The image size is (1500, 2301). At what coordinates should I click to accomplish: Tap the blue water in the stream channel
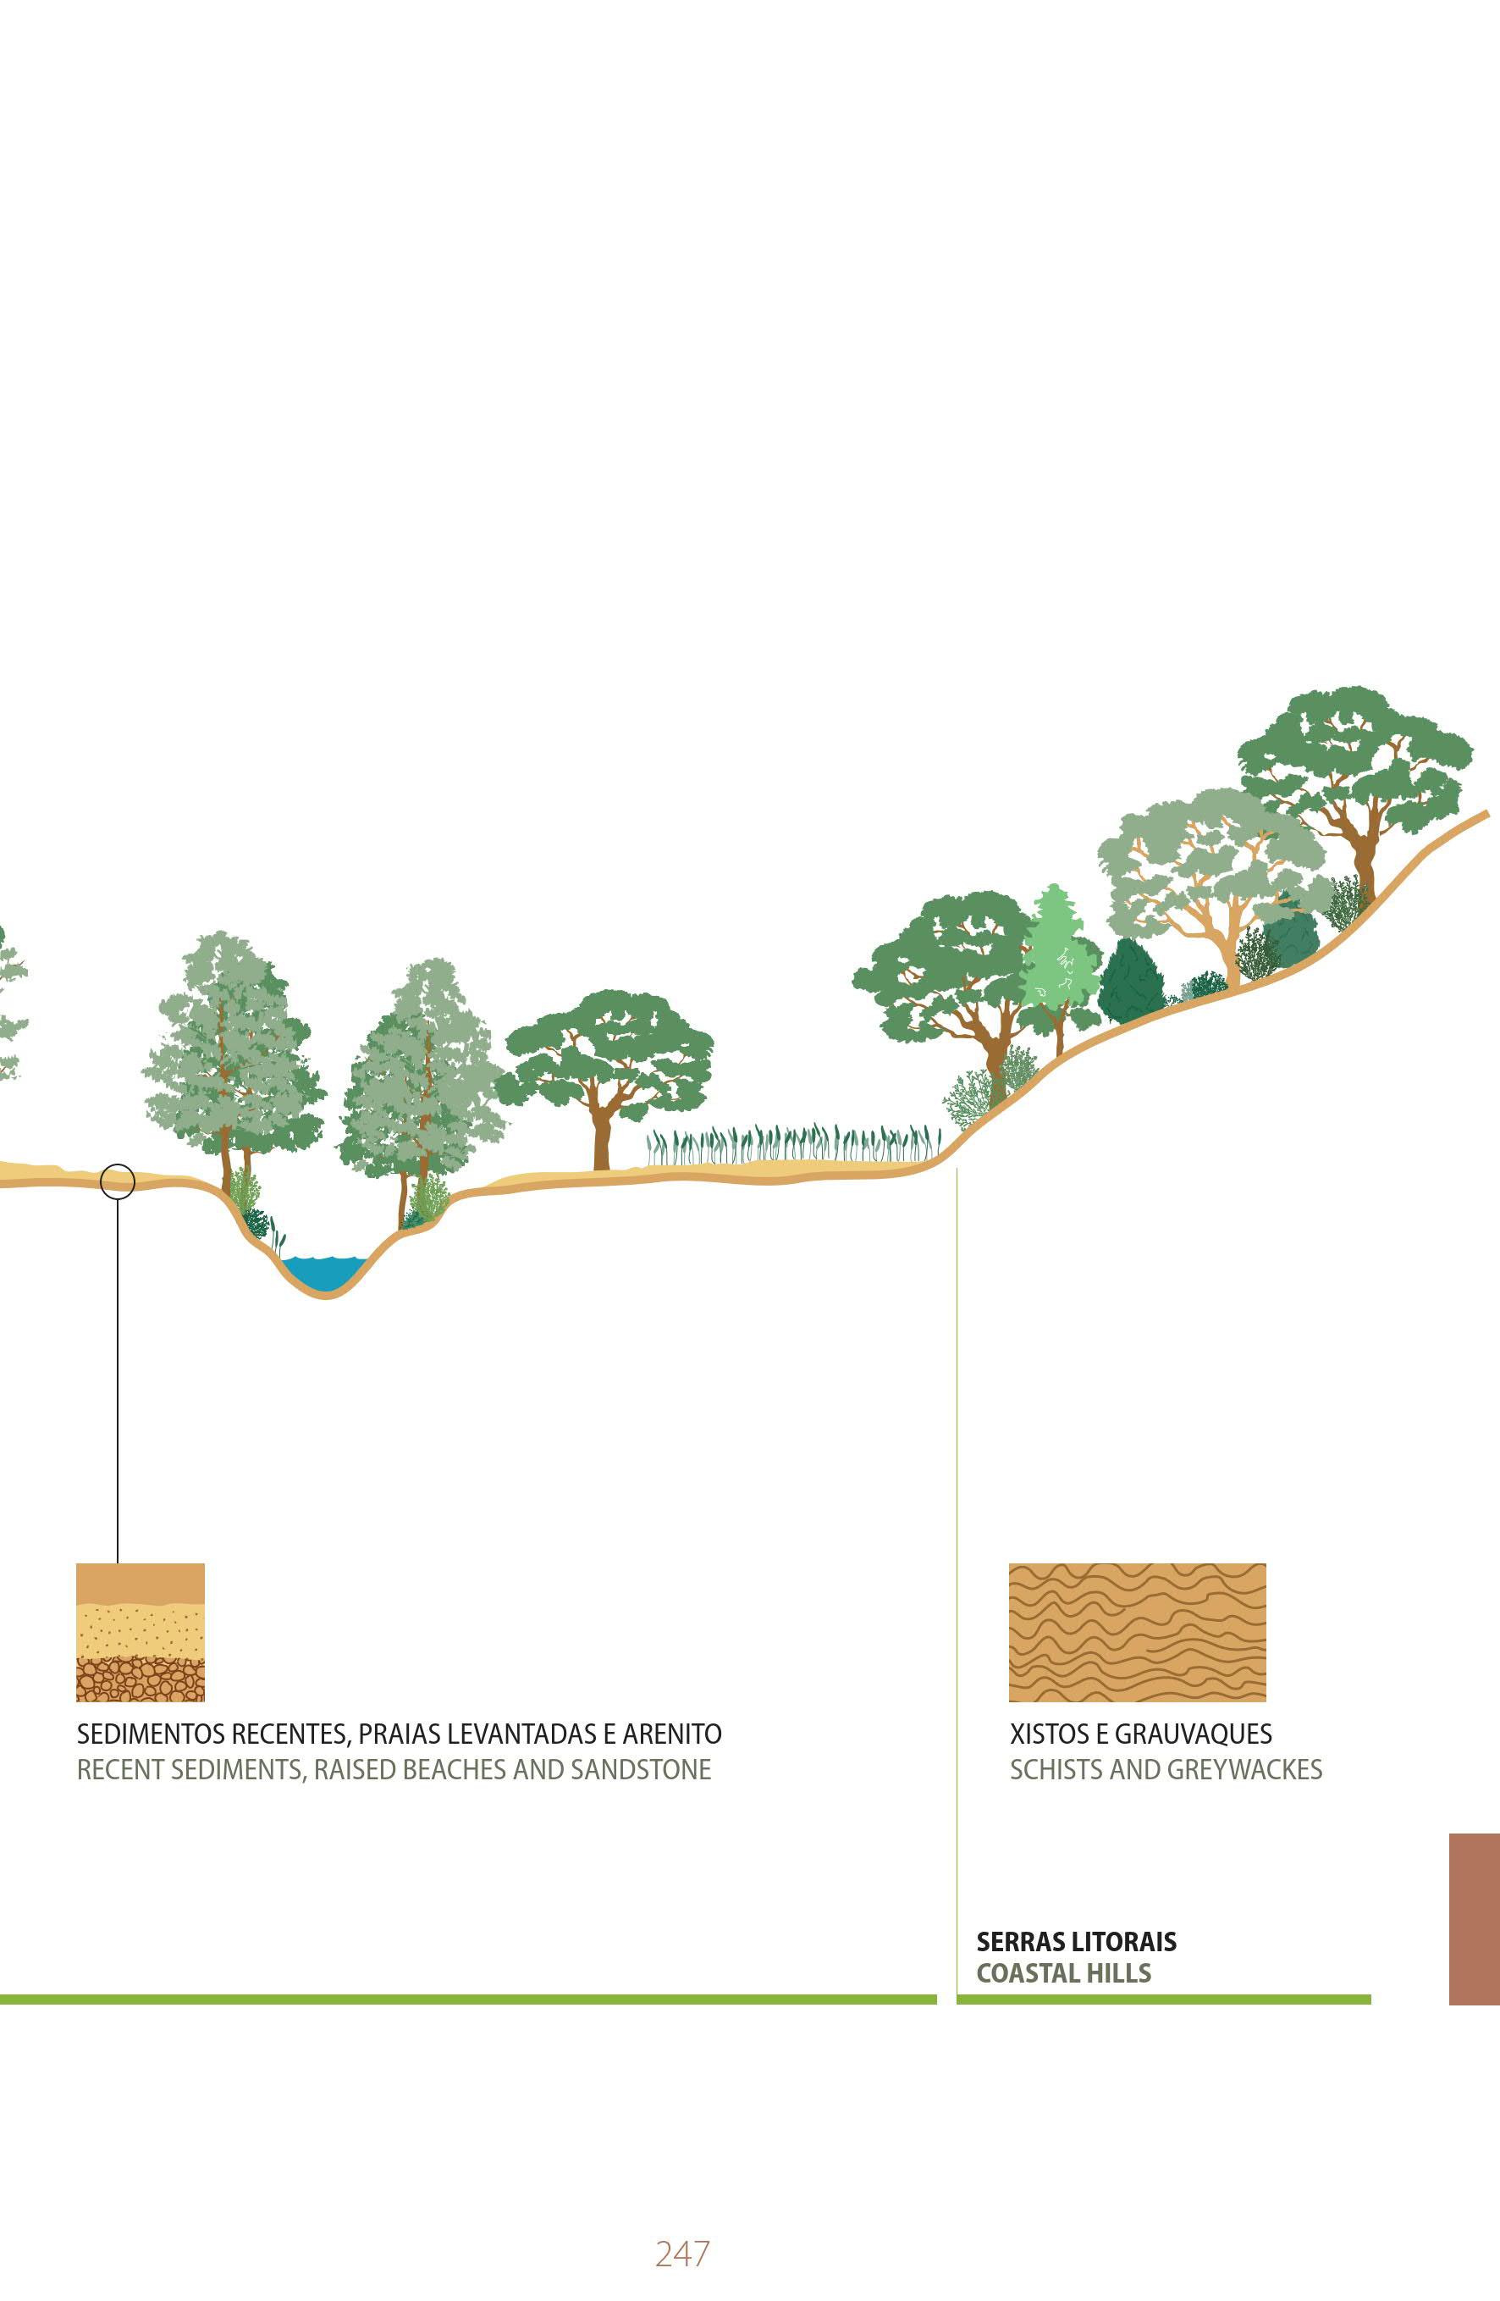[325, 1272]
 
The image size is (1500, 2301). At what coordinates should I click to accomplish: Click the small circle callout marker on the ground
[118, 1181]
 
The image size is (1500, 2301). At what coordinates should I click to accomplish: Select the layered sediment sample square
[141, 1632]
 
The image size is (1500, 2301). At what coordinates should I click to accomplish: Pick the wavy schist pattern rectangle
[1137, 1632]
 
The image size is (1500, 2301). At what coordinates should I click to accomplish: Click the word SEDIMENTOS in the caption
[150, 1734]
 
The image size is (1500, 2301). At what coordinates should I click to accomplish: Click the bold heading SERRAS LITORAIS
[1076, 1942]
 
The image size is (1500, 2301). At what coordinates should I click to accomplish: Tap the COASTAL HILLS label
[1063, 1973]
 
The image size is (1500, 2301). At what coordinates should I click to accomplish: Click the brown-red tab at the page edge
[1474, 1919]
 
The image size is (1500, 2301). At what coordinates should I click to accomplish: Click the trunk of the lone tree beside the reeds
[602, 1141]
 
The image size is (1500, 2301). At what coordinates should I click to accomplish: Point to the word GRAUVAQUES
[1193, 1734]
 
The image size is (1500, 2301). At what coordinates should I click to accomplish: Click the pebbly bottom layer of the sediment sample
[141, 1680]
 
